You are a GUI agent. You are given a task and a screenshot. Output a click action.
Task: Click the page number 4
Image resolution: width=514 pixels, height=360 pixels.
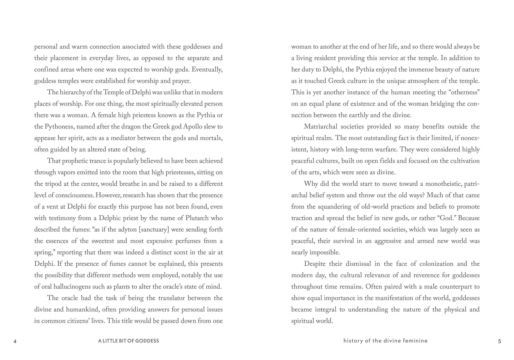[x=15, y=341]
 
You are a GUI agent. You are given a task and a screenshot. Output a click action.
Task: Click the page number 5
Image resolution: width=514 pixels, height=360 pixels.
[x=499, y=341]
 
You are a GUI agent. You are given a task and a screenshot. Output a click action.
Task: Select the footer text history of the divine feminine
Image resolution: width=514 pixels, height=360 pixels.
[x=385, y=341]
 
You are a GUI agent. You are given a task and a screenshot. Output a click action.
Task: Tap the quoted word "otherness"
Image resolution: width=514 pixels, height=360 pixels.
[x=463, y=93]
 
